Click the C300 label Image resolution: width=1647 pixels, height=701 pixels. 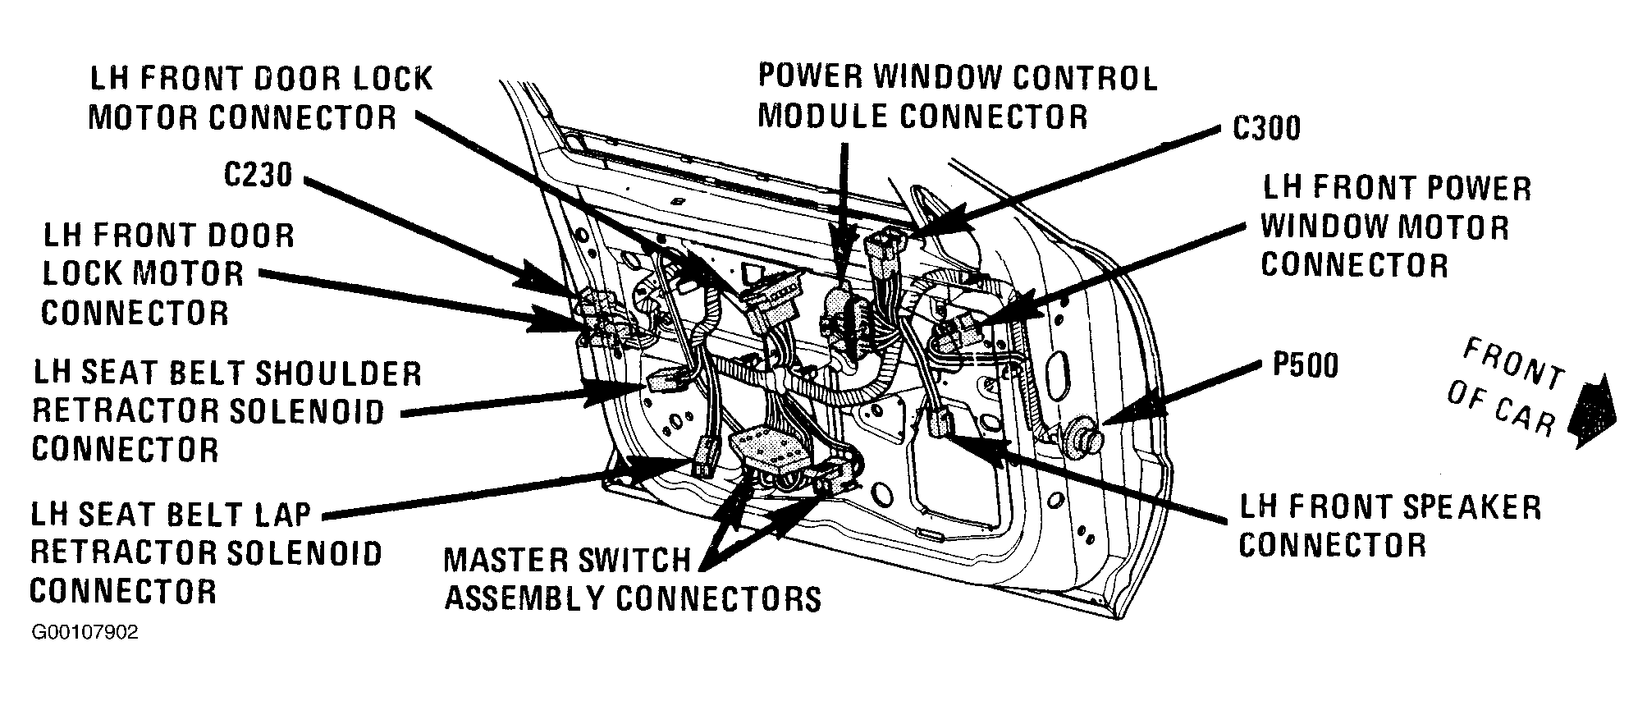coord(1266,128)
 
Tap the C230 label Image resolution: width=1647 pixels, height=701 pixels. coord(258,175)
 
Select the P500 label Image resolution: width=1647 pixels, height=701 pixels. coord(1305,365)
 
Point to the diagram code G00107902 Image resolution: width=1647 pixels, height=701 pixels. coord(85,634)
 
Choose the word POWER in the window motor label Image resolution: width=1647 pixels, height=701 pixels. coord(1476,188)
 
